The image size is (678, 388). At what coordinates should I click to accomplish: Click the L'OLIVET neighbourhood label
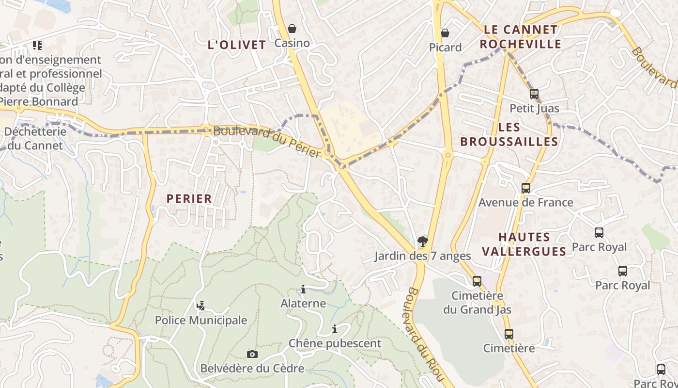237,45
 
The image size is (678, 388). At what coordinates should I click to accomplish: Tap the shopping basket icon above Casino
292,29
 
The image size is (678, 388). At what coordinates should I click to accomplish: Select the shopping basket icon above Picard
445,33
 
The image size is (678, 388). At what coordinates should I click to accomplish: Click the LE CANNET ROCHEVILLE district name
521,37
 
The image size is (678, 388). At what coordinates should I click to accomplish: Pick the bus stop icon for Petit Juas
534,94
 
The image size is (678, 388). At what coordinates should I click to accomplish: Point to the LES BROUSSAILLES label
509,135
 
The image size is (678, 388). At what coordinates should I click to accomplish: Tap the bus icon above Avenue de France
526,188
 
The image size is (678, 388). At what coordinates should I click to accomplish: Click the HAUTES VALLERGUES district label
531,244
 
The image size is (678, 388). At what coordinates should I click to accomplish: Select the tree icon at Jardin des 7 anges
423,242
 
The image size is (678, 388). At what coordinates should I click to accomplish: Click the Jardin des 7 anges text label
422,256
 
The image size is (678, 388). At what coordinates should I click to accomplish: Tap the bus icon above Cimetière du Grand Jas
477,281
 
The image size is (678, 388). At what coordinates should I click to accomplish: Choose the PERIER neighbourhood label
189,198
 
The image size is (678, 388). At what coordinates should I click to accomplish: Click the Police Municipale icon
201,306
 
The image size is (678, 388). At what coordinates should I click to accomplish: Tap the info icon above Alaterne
303,290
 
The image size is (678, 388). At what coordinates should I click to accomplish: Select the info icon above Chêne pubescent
335,329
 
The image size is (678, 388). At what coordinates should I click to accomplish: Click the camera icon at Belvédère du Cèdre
252,354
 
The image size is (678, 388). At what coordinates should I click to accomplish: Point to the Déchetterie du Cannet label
35,138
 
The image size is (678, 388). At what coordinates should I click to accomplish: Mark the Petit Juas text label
534,108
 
